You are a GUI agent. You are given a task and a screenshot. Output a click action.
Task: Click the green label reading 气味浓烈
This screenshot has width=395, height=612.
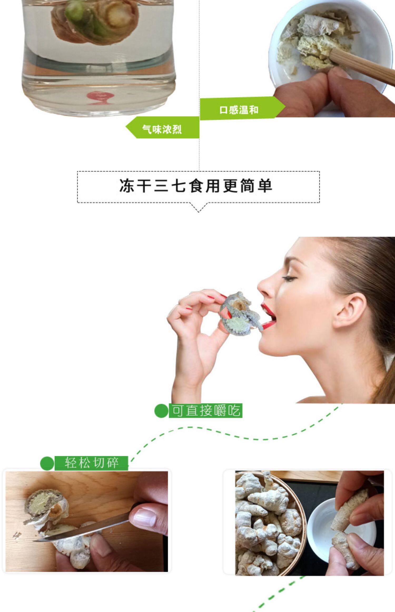[x=162, y=129]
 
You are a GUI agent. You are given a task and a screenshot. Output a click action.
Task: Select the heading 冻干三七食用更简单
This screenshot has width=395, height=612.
[x=196, y=186]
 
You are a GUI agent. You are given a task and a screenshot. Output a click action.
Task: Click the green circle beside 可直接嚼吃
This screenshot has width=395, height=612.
[x=161, y=411]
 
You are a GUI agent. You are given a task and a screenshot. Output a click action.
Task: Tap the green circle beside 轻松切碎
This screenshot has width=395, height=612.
[x=47, y=463]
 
